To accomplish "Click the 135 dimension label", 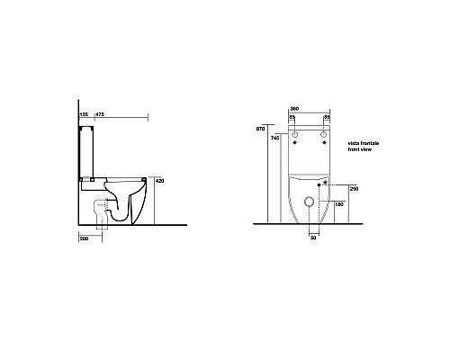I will (83, 115).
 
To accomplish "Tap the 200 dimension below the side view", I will (84, 238).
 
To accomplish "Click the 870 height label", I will (262, 130).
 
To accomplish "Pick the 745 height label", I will (274, 139).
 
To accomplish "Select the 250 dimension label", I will (355, 189).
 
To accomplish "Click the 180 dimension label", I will (338, 204).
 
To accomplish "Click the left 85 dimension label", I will (292, 117).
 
